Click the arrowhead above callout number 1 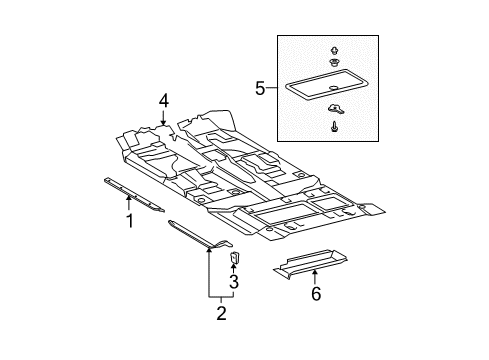[128, 198]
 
